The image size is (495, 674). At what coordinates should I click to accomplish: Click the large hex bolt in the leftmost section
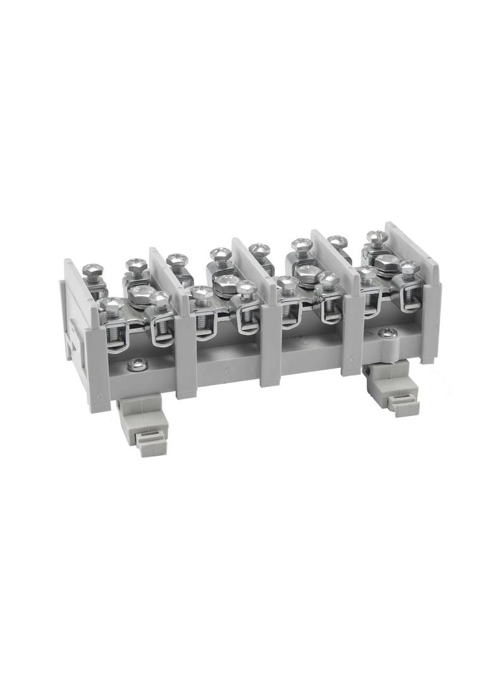point(140,293)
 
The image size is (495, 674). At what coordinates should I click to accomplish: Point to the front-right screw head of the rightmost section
point(408,268)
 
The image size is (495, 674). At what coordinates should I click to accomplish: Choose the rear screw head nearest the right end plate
point(376,239)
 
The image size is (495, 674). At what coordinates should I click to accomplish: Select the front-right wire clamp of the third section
point(330,302)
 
